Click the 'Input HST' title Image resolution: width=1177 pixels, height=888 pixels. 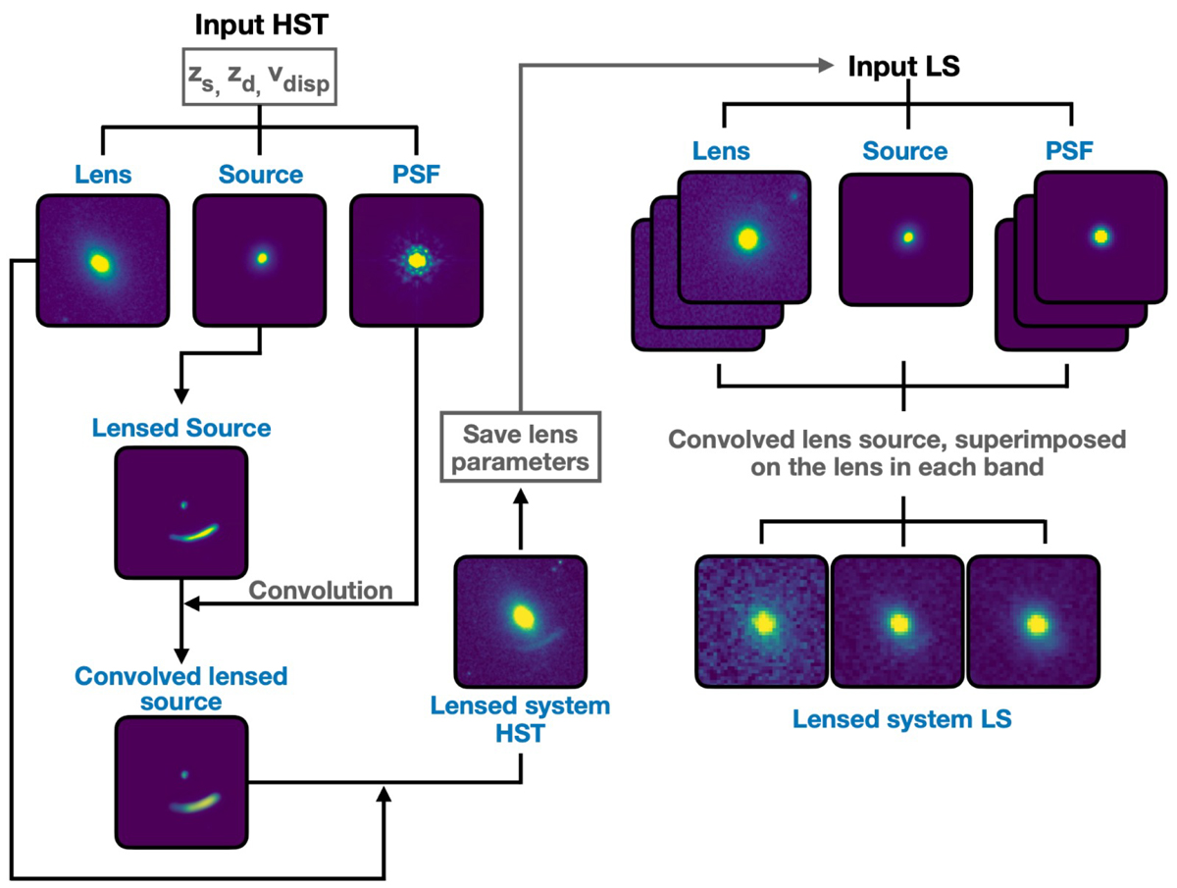tap(258, 22)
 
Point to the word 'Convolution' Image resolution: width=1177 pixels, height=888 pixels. tap(321, 591)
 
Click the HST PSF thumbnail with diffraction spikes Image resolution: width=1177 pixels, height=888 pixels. tap(417, 260)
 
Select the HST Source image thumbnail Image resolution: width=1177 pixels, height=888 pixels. tap(259, 260)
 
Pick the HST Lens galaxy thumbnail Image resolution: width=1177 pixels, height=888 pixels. tap(101, 260)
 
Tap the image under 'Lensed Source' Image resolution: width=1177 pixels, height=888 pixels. tap(181, 512)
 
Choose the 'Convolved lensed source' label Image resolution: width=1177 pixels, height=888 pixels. tap(180, 689)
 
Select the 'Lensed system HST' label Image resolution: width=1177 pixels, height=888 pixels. tap(520, 719)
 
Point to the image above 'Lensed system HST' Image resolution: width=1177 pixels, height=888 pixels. tap(520, 622)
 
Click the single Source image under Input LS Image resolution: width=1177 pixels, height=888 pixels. tap(906, 236)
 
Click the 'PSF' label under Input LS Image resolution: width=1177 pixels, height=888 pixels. tap(1066, 151)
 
